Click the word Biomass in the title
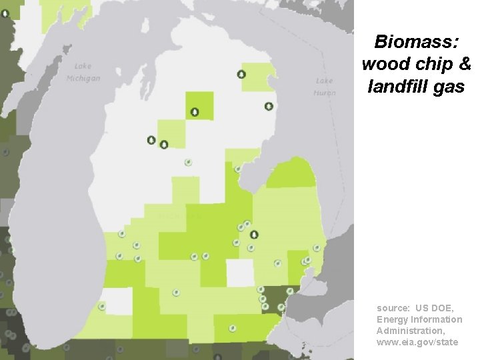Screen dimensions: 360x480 416,42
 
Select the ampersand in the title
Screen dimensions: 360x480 465,64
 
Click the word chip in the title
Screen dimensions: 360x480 433,64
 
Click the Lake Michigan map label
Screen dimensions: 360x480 83,72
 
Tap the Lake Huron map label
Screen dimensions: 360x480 325,87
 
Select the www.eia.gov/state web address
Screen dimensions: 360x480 417,342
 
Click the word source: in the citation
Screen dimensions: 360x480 393,308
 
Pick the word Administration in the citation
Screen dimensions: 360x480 409,331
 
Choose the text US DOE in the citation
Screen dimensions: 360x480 434,308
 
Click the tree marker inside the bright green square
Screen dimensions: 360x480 194,112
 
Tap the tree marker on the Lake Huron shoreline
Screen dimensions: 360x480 268,106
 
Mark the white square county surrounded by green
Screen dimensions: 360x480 240,272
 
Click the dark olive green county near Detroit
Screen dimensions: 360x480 271,299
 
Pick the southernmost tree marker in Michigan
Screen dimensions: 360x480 253,234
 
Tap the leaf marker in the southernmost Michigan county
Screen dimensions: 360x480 232,328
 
